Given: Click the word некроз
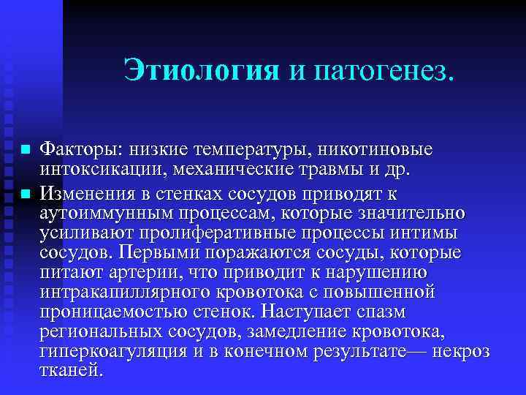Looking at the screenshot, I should click(x=460, y=353).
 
